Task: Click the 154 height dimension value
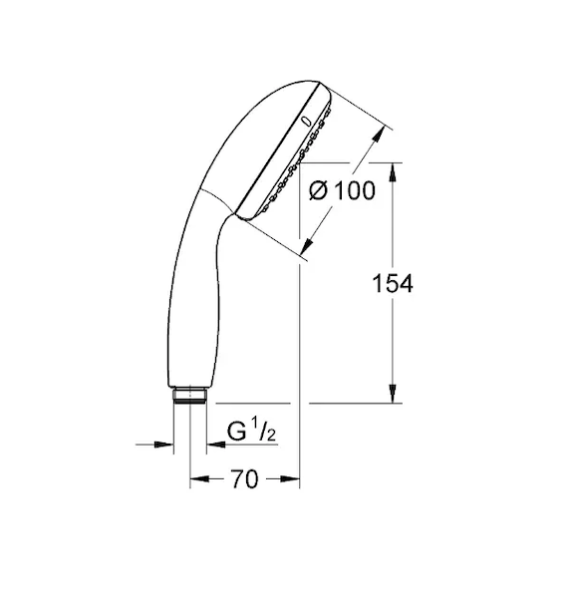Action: coord(393,283)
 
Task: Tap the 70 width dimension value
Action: coord(244,479)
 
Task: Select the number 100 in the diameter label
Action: coord(355,190)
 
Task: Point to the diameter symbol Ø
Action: coord(318,190)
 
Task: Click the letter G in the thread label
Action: coord(236,431)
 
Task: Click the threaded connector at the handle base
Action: coord(190,396)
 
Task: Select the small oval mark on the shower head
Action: coord(306,121)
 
